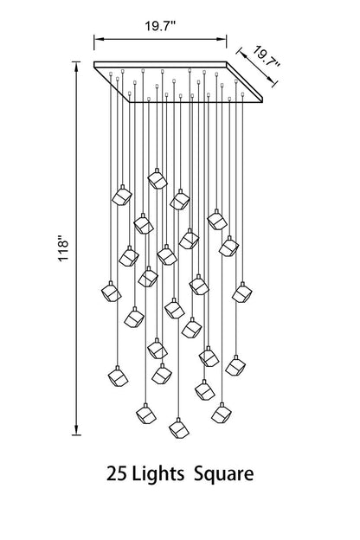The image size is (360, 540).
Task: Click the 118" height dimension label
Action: pos(63,248)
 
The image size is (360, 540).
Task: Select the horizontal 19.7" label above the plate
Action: pos(160,26)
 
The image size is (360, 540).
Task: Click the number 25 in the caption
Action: pos(117,474)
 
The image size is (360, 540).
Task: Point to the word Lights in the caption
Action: pos(158,474)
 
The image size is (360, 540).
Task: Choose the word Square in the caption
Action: pos(224,475)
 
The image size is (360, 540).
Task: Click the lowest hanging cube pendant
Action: pos(179,428)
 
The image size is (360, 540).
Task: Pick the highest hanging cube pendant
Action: pos(157,179)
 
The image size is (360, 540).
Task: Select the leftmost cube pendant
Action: pos(112,292)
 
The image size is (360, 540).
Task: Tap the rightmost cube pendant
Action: pos(242,292)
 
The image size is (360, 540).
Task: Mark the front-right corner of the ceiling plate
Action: pos(262,102)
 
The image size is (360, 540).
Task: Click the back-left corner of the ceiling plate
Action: pos(94,62)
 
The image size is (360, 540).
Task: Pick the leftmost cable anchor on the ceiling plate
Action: pos(111,74)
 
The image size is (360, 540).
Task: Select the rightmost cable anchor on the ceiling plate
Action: pos(242,94)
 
